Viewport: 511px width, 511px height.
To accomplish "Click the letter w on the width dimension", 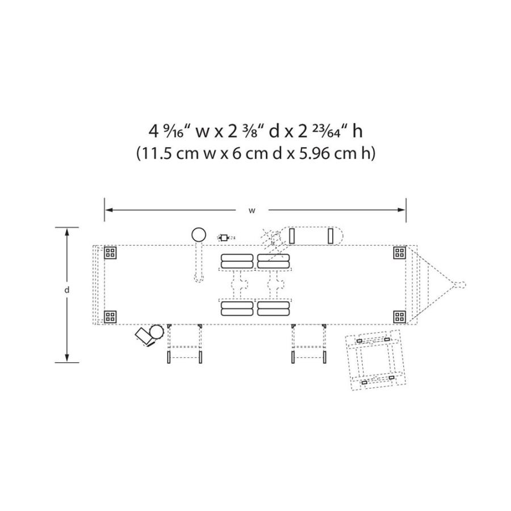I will [x=252, y=211].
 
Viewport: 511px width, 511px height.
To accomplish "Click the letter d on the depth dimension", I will [x=67, y=290].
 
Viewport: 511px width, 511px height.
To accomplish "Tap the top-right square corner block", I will [x=400, y=253].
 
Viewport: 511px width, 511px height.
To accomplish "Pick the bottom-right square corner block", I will [x=400, y=317].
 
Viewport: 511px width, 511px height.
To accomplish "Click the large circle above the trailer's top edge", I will [x=199, y=234].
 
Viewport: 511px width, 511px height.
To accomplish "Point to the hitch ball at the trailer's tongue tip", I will [x=462, y=284].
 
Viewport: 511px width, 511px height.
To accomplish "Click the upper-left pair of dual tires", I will [x=237, y=261].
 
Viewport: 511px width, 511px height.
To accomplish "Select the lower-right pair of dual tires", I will [x=274, y=308].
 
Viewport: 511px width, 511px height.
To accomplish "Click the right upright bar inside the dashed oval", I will [x=330, y=236].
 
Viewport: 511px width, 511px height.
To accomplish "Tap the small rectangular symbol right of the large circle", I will [x=224, y=237].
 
